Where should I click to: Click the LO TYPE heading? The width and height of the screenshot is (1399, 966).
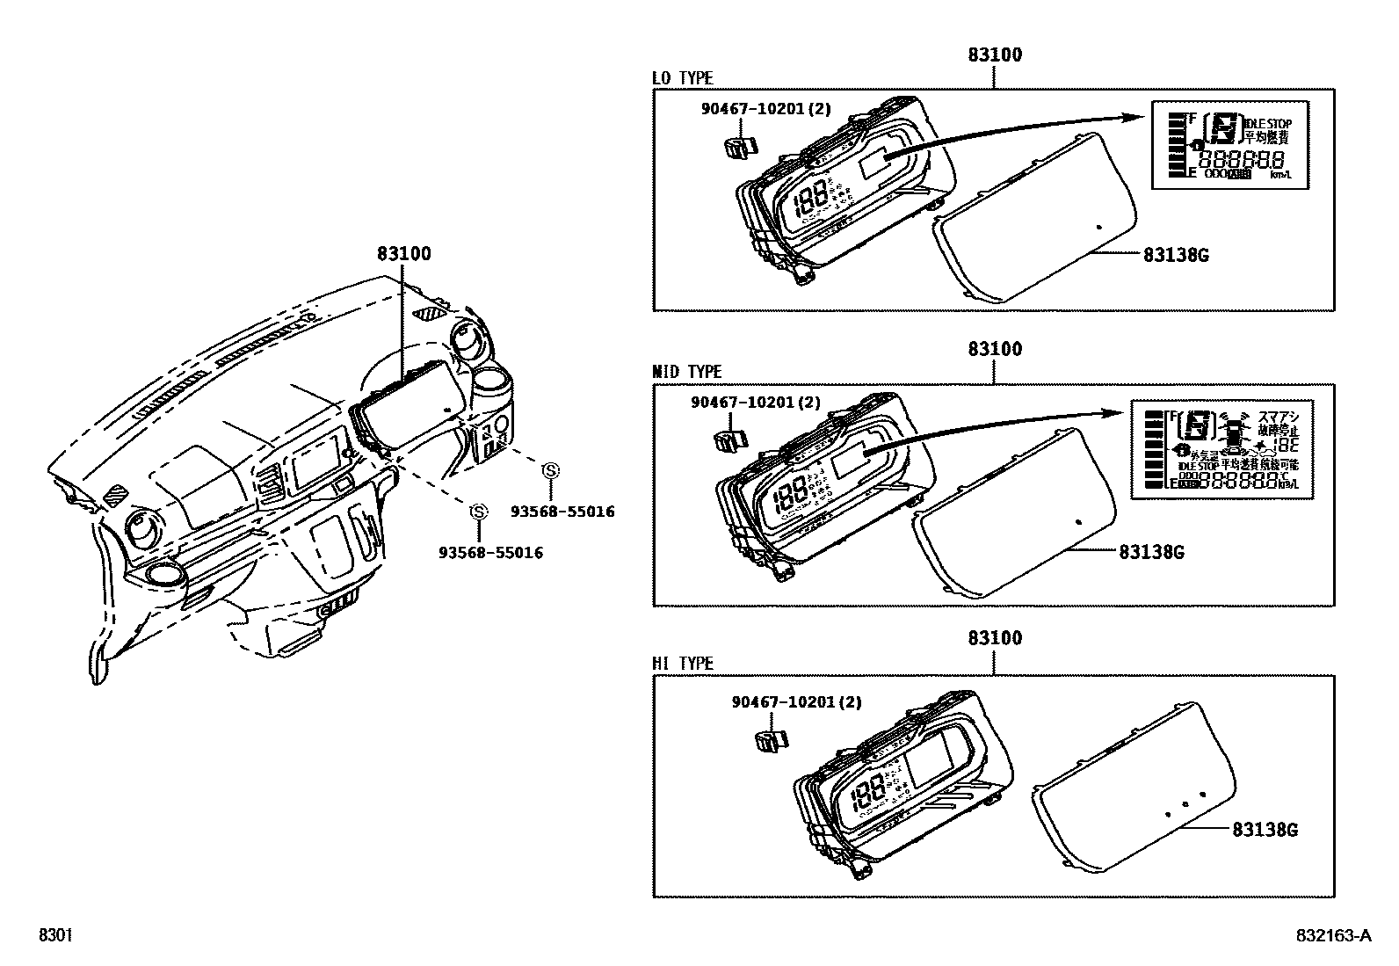683,79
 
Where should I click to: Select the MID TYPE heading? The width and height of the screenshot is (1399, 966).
686,373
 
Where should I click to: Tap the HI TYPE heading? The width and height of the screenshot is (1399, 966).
683,664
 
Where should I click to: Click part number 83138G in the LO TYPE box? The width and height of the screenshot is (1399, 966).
1176,256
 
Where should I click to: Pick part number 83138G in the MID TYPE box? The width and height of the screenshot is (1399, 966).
1151,552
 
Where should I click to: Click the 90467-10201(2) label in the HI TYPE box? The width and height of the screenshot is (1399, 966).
796,702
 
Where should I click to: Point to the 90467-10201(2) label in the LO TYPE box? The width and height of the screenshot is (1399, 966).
766,109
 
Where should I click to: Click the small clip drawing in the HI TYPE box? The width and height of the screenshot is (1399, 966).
770,740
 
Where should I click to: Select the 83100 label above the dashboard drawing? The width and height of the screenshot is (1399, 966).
404,254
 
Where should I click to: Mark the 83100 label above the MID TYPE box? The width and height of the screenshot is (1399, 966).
995,349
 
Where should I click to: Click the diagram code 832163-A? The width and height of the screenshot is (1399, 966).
1331,936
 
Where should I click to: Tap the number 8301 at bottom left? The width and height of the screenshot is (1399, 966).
54,936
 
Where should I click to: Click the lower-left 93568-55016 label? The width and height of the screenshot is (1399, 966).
490,553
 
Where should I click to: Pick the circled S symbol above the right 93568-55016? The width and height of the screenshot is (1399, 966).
551,470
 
